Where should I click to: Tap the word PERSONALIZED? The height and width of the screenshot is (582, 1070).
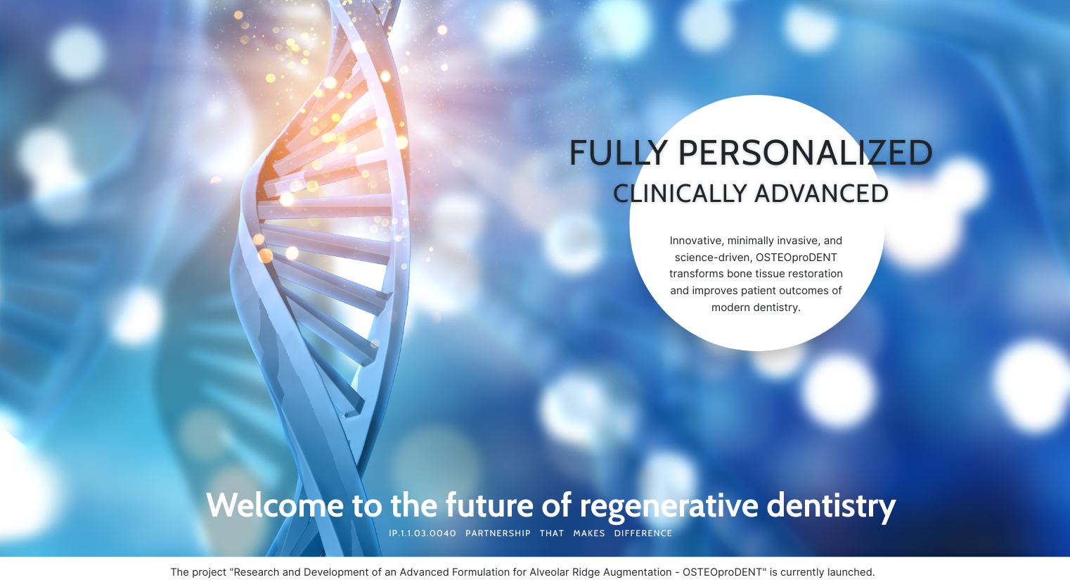[x=806, y=153]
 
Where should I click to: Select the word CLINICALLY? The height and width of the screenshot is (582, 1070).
[x=680, y=194]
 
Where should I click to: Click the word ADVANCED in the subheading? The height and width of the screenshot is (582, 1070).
[x=821, y=194]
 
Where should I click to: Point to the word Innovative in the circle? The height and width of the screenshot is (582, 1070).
[x=697, y=241]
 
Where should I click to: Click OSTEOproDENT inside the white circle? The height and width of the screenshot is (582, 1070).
[x=797, y=258]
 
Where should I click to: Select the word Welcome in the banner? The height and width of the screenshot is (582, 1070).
[x=275, y=505]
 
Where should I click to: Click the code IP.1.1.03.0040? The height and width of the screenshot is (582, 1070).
[x=423, y=533]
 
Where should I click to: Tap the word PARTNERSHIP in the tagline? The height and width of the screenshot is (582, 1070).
[x=498, y=533]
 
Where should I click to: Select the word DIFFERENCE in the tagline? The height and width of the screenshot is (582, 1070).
[x=643, y=533]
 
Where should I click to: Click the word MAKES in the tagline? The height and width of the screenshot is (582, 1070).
[x=589, y=533]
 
